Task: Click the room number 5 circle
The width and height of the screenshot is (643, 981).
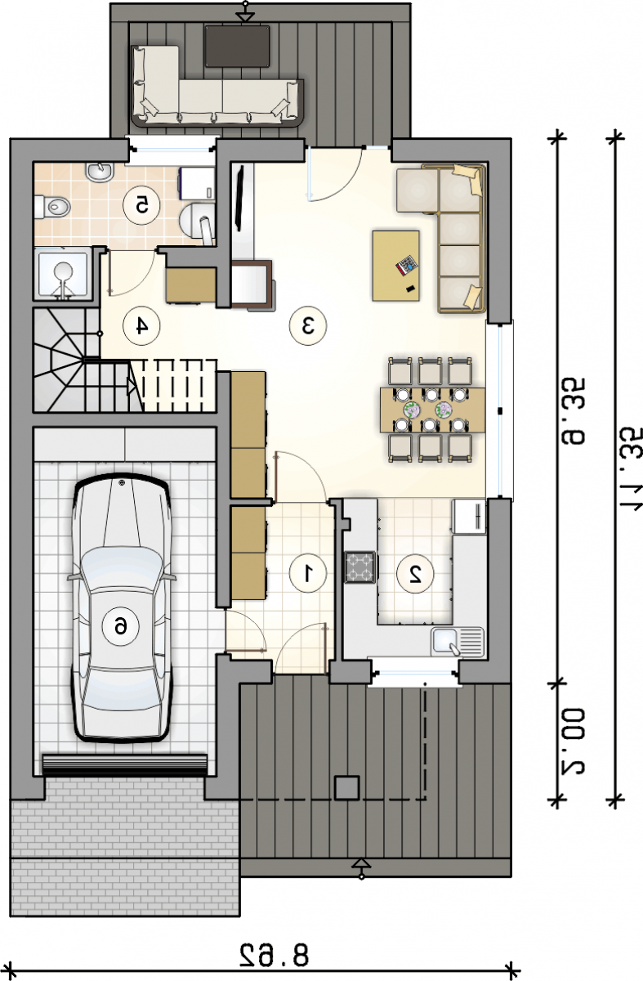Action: click(141, 205)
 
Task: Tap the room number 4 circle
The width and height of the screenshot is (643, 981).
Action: click(141, 326)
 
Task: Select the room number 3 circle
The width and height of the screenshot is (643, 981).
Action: click(308, 326)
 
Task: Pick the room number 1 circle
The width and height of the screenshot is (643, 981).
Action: click(308, 573)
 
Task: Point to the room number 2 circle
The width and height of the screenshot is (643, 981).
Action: click(415, 574)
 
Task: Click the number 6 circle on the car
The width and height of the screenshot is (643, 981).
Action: click(120, 627)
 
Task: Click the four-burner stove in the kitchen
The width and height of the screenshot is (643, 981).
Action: click(360, 567)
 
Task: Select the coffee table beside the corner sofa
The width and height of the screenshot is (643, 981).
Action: click(396, 266)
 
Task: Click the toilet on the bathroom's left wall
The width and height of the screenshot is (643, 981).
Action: click(52, 206)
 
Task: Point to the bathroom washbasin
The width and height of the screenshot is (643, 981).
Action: click(100, 171)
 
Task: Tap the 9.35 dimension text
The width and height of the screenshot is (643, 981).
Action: click(571, 412)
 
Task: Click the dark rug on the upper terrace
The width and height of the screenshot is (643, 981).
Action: click(237, 46)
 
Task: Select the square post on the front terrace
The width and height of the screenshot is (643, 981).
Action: click(347, 788)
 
